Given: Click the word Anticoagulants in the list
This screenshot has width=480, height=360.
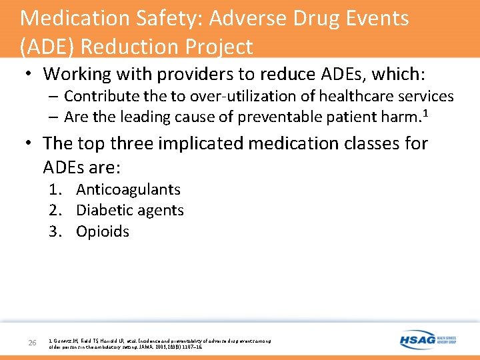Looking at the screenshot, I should point(128,190).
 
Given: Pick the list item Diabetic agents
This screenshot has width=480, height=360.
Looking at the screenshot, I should point(130,211).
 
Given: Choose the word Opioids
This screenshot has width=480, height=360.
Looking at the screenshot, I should point(103,232).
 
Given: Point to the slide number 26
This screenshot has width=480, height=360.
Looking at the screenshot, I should point(32,343).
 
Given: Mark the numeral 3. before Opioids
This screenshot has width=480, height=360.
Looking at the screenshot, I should point(56,232).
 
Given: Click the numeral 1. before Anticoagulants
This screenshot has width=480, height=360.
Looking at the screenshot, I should point(56,190).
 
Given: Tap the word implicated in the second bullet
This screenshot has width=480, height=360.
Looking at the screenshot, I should point(182,143).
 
